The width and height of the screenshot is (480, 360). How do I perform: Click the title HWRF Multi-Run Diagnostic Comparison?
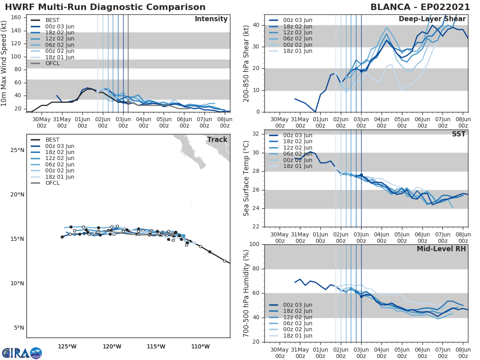coord(105,7)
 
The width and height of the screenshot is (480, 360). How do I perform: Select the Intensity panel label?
coord(211,19)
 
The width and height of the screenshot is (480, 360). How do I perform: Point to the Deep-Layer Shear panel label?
coord(432,19)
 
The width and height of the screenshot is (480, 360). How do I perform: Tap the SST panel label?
coord(458,134)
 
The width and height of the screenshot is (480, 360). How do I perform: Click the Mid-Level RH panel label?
coord(441,249)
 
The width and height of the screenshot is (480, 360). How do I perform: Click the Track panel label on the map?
coord(217,140)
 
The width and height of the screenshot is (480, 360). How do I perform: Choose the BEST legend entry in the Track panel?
coord(52,140)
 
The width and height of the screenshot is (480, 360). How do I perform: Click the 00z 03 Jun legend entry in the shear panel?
coord(298,20)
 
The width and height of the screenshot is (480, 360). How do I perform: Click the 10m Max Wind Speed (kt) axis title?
coord(4,63)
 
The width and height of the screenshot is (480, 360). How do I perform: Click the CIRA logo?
coord(22,353)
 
